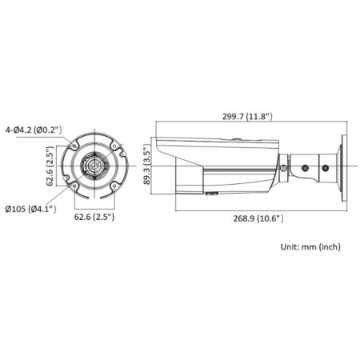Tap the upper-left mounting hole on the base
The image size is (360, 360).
(x=74, y=147)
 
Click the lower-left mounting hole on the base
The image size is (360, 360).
(x=74, y=188)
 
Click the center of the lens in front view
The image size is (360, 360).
(x=95, y=167)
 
